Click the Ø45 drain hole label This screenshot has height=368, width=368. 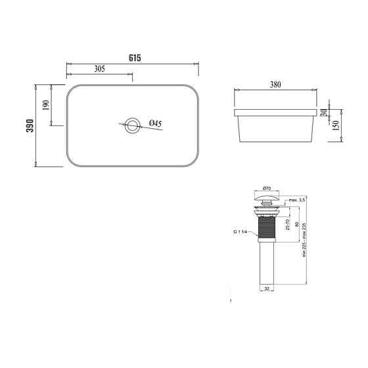[155, 124]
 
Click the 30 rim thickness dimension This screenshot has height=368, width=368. [325, 112]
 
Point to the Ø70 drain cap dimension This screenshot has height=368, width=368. [267, 187]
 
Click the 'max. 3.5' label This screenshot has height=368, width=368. [297, 199]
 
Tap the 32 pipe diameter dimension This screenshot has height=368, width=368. [267, 287]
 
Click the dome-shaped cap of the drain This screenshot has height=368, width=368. [267, 195]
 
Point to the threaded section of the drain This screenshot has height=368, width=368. [267, 227]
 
